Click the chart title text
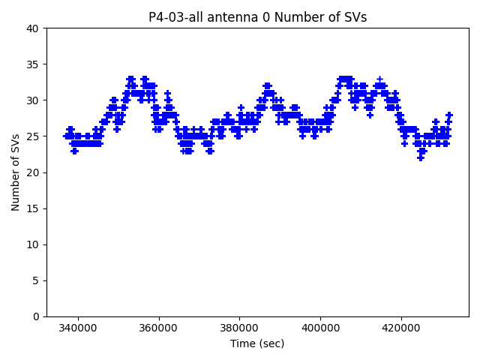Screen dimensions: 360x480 [x=257, y=17]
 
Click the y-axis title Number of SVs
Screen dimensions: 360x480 [x=16, y=172]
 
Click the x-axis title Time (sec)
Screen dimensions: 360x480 [x=257, y=343]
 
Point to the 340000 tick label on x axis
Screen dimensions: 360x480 [x=78, y=328]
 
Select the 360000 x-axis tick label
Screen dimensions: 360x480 [x=159, y=328]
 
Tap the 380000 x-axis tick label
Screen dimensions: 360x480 [x=240, y=328]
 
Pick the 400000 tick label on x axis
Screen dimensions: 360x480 [x=321, y=328]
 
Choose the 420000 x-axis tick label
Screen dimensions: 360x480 [x=401, y=328]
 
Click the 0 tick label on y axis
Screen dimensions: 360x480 [x=36, y=316]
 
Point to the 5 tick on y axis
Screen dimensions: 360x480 [x=36, y=280]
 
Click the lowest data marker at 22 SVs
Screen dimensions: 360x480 [x=421, y=158]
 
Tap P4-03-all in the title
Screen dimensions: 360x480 [x=173, y=17]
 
